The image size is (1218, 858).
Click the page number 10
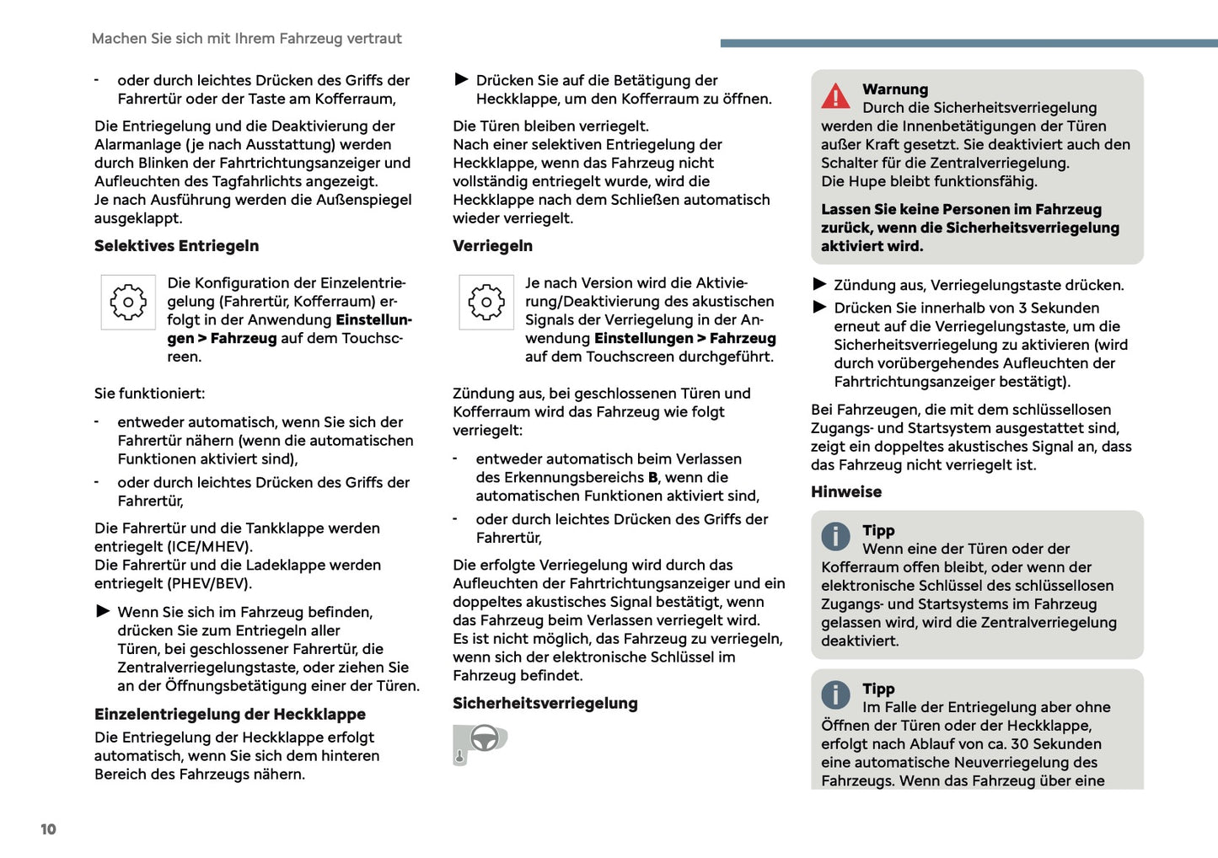(48, 829)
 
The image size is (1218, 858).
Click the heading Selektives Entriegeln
(176, 246)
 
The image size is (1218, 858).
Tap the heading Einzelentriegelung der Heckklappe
(229, 715)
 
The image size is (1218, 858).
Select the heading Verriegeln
(492, 246)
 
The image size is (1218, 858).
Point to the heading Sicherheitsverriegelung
(545, 704)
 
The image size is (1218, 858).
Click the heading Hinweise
(845, 492)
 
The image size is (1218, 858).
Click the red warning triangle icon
(835, 97)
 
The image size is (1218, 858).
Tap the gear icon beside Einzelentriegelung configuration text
(128, 302)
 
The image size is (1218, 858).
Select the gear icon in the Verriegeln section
(486, 302)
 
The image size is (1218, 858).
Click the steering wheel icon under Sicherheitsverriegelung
(484, 738)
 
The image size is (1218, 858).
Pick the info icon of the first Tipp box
(835, 536)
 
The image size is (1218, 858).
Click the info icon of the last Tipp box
(835, 694)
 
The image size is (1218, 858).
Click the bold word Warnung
(894, 89)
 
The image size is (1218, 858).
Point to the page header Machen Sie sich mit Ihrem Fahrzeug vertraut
(246, 39)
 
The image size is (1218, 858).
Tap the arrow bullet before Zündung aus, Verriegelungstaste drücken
(819, 284)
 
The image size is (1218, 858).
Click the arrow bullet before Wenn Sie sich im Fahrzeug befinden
(103, 611)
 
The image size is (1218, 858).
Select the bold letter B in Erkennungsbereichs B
(652, 478)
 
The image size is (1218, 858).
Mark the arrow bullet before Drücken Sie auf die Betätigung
(461, 79)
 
